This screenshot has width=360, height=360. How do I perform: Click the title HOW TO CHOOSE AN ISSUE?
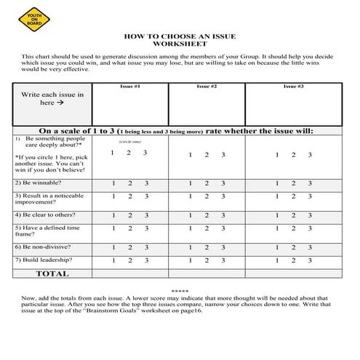(180, 36)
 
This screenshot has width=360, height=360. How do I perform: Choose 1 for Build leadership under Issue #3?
(276, 260)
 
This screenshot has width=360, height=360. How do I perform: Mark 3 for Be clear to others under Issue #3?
(310, 215)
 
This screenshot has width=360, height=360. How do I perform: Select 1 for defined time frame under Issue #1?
(112, 229)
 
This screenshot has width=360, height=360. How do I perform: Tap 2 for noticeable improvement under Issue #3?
(293, 196)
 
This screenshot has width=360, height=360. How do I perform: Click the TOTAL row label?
(52, 274)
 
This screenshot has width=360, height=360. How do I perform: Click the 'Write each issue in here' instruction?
(52, 99)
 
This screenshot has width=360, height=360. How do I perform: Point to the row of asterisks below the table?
(180, 290)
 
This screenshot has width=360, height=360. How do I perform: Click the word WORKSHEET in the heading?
(180, 44)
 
